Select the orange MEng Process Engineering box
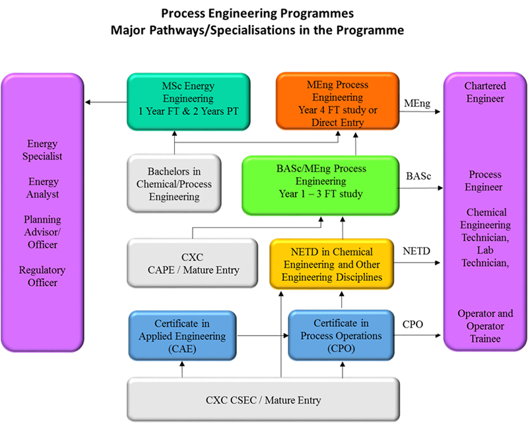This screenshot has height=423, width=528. (339, 100)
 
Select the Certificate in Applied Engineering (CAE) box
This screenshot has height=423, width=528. (181, 336)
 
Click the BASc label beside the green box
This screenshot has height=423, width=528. (417, 177)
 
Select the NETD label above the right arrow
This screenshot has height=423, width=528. (417, 252)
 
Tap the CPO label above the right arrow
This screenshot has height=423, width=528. (413, 325)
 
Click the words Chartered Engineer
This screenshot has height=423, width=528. (484, 93)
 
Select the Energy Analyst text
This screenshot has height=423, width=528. (43, 188)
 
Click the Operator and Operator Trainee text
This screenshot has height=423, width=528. (485, 326)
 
